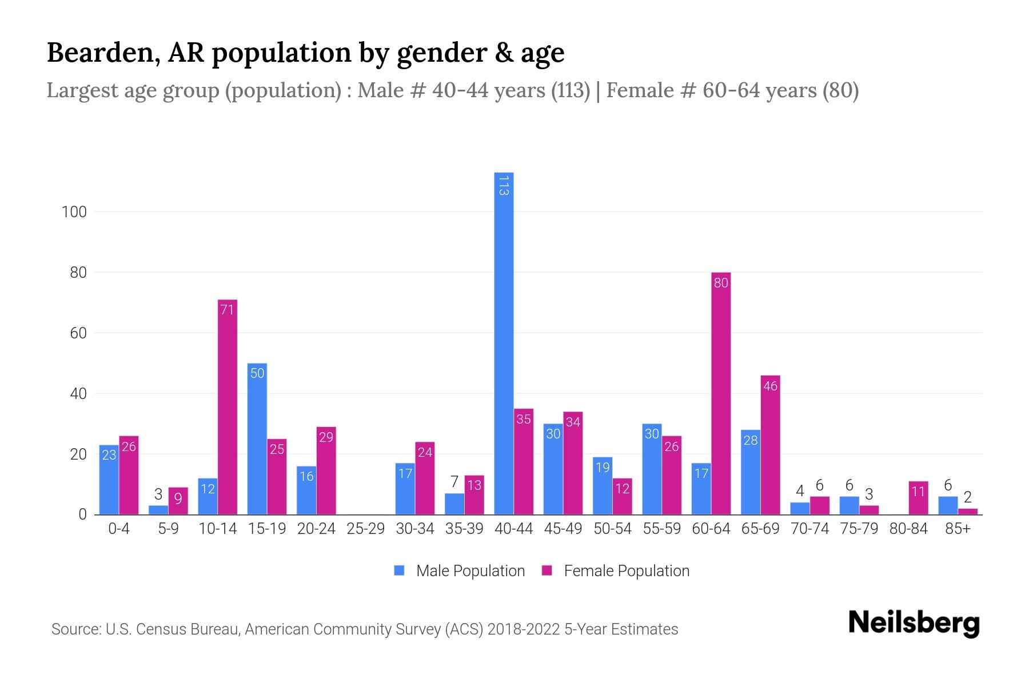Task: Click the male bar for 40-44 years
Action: coord(504,343)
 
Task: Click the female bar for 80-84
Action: coord(918,498)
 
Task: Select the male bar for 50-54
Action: coord(603,486)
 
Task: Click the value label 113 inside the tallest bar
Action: coord(504,185)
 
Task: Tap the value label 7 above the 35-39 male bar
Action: coord(454,482)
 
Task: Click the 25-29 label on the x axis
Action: coord(366,529)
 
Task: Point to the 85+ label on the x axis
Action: coord(958,529)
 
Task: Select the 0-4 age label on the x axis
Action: coord(119,529)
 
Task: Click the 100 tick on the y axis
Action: coord(74,212)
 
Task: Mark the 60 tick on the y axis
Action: coord(78,333)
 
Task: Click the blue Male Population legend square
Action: coord(399,571)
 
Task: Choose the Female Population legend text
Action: coord(627,571)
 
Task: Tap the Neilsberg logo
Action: coord(914,623)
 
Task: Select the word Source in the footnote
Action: coord(74,629)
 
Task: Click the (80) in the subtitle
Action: coord(840,90)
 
